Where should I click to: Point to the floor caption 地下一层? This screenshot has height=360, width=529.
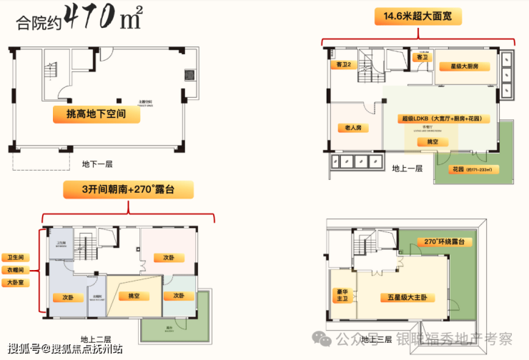(x=97, y=164)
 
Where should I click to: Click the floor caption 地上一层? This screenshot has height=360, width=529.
(x=407, y=169)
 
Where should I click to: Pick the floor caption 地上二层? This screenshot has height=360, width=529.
(x=96, y=339)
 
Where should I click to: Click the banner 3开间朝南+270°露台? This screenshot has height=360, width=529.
(x=128, y=189)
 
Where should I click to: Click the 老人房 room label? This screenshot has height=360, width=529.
(x=350, y=128)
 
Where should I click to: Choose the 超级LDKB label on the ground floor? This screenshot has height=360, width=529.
(x=438, y=118)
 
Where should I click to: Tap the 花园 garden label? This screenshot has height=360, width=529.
(x=475, y=170)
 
